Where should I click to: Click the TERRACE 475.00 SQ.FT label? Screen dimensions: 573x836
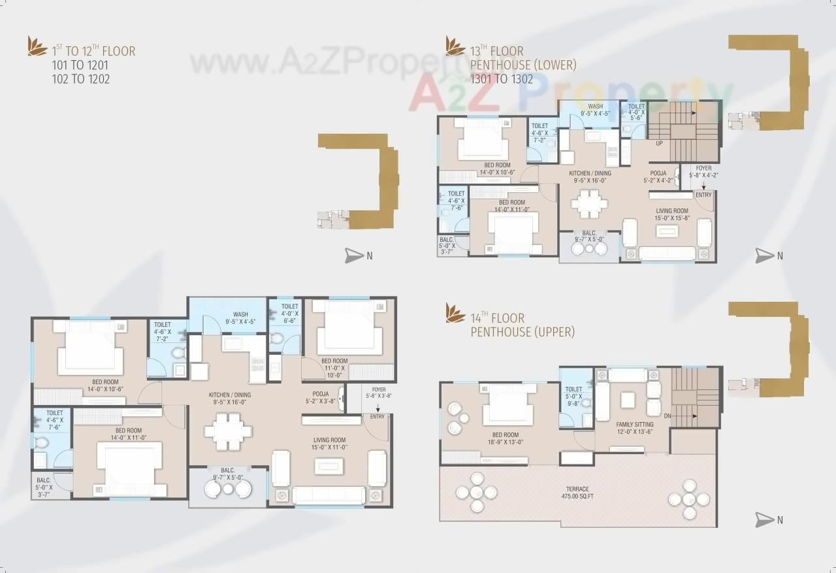[577, 493]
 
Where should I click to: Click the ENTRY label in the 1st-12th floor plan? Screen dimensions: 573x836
[377, 417]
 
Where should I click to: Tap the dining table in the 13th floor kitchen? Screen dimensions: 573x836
[588, 203]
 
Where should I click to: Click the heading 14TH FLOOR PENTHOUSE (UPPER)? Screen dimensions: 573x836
[522, 325]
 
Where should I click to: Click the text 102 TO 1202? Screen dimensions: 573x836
[80, 79]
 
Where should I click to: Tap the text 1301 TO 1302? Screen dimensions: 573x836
[502, 79]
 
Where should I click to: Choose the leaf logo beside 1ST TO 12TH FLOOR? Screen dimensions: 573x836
[37, 47]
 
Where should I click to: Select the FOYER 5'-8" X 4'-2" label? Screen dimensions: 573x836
[703, 171]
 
